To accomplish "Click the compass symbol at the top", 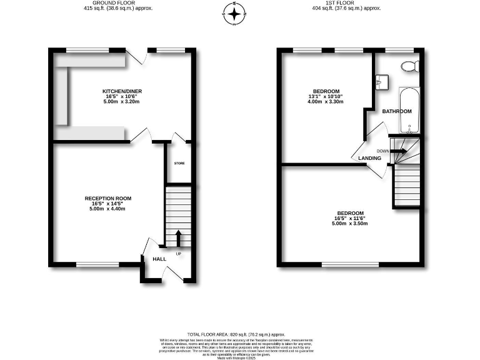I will point(235,13).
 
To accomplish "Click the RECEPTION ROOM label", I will point(108,198).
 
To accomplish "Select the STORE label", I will point(179,163).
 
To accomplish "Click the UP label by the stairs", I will point(179,253).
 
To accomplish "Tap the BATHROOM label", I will point(397,111).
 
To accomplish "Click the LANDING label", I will point(370,159).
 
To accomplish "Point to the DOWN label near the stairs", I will point(383,151).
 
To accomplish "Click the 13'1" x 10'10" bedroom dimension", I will point(326,96).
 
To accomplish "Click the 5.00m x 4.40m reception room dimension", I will point(108,209).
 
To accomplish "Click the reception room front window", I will point(97,265).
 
